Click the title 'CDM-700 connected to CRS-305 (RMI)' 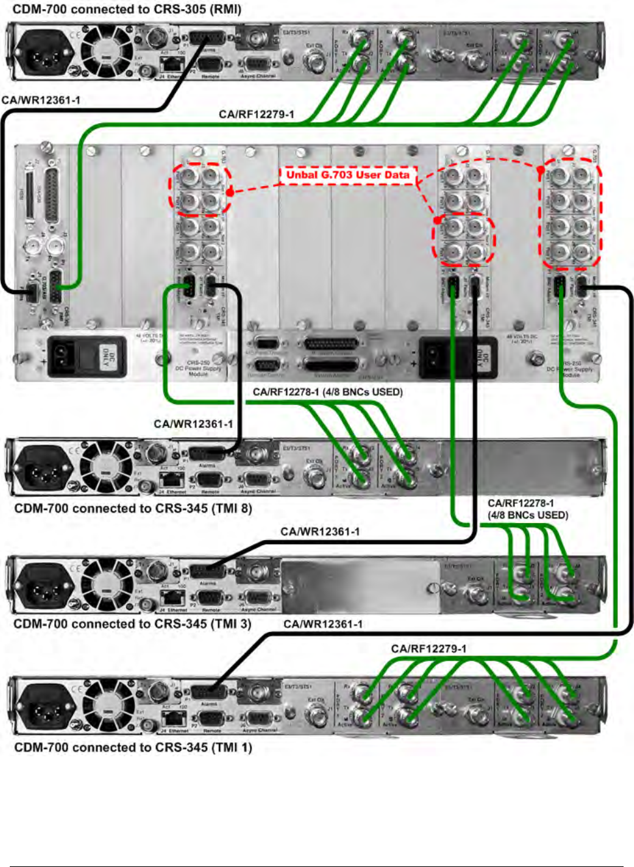point(126,10)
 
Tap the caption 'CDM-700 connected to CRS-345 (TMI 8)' point(133,508)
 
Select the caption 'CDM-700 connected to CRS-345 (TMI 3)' point(132,623)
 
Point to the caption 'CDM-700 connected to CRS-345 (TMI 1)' point(133,747)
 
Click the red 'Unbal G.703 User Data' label point(348,175)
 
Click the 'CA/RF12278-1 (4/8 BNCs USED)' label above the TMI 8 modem point(328,392)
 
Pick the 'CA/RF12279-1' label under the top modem point(256,115)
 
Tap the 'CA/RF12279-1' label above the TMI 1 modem point(429,649)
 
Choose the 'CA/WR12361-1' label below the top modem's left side point(41,100)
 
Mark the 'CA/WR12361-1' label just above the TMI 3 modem point(320,532)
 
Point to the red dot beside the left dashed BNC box point(230,192)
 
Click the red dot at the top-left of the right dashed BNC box point(541,170)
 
